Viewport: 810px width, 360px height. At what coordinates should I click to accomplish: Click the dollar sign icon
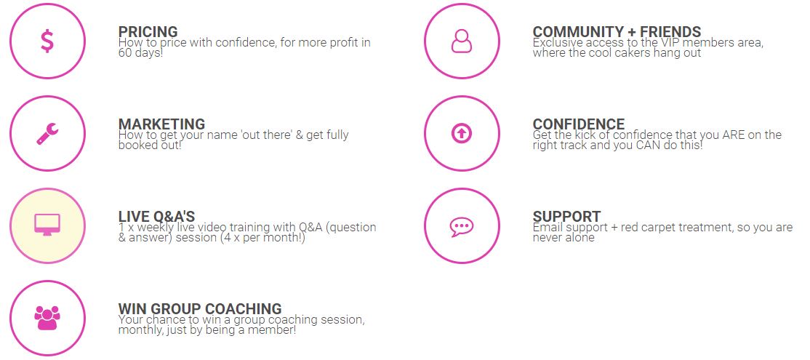click(x=47, y=41)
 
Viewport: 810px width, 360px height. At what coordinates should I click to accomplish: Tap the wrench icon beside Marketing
click(x=47, y=134)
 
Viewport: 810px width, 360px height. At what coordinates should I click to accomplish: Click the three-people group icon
click(x=47, y=318)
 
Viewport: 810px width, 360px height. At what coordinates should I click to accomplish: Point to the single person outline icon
click(x=461, y=41)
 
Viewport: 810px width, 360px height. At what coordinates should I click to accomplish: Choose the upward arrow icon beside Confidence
click(x=461, y=134)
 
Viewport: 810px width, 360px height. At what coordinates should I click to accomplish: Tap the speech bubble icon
click(x=461, y=226)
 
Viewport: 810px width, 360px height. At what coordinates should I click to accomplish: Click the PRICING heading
click(x=148, y=32)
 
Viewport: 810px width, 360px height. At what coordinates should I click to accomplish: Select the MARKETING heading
click(x=161, y=124)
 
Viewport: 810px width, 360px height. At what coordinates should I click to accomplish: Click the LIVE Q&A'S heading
click(x=156, y=217)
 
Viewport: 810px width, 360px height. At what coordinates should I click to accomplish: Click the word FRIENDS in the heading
click(x=670, y=32)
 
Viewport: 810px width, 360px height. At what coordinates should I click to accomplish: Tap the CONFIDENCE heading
click(x=579, y=124)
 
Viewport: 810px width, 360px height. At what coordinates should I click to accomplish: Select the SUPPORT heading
click(x=566, y=217)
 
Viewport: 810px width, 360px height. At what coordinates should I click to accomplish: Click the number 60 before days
click(x=125, y=52)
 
